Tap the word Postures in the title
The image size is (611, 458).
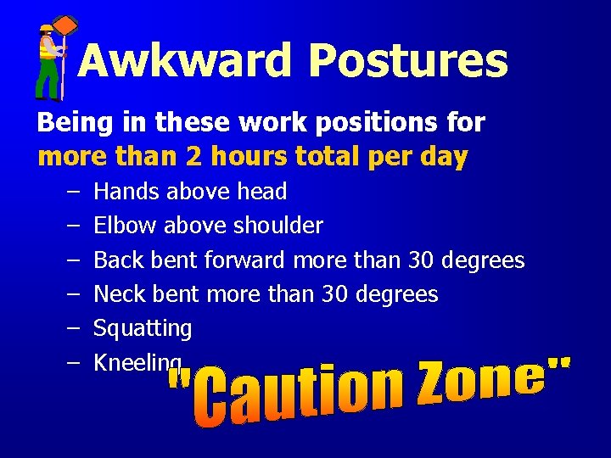408,61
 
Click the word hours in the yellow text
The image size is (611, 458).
246,157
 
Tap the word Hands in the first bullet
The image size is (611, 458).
126,192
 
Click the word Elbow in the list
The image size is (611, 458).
125,226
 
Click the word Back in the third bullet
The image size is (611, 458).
117,260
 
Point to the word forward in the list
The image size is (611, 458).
245,260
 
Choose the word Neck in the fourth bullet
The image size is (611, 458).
118,294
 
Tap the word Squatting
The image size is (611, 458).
143,329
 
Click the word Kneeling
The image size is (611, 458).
137,363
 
